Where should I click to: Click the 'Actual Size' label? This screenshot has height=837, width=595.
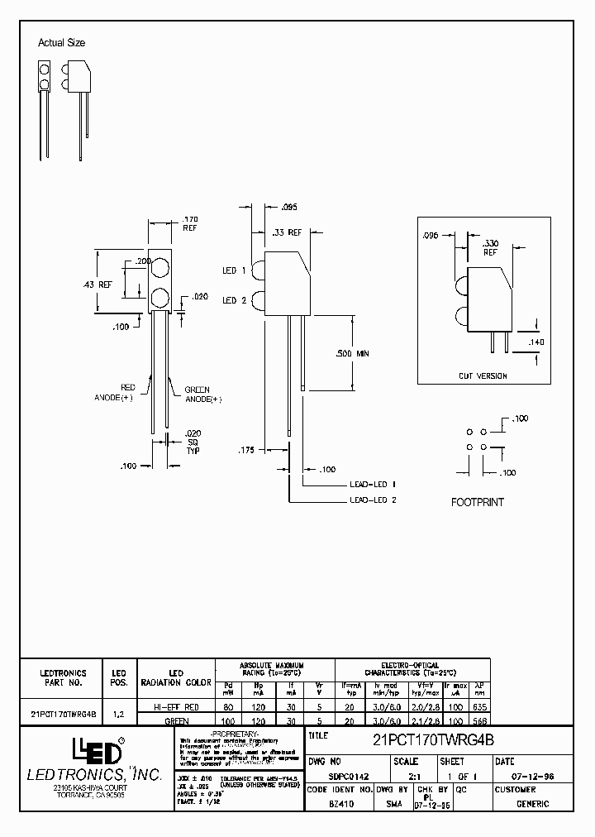[x=61, y=43]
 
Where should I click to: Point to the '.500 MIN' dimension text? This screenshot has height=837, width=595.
[x=353, y=353]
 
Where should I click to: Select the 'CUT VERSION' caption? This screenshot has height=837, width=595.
[x=483, y=375]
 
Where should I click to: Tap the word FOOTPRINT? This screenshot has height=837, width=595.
[x=477, y=502]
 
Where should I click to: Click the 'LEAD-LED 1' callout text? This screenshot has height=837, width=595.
[x=373, y=484]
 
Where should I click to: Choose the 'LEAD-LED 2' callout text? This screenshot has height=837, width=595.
[x=373, y=500]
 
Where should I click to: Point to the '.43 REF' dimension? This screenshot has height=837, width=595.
[x=98, y=284]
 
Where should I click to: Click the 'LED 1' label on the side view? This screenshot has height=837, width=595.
[x=230, y=270]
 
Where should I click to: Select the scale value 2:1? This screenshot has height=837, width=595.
[x=404, y=777]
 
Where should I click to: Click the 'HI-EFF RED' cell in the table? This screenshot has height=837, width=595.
[x=175, y=708]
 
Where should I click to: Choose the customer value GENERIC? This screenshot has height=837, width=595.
[x=533, y=803]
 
